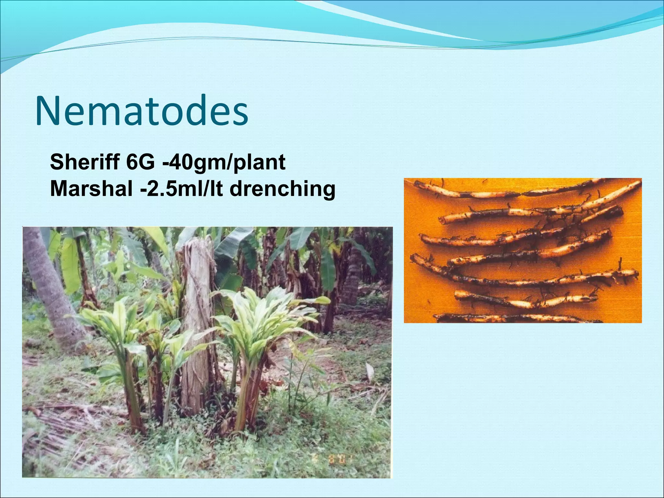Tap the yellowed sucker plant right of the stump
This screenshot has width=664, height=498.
point(259,324)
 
